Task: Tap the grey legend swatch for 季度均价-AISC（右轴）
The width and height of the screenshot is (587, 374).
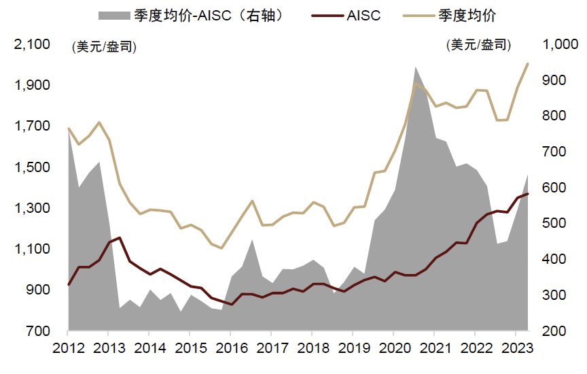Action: pos(115,15)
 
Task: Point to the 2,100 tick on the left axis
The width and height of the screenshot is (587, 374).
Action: pos(33,45)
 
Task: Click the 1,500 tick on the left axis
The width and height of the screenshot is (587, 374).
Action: pos(33,168)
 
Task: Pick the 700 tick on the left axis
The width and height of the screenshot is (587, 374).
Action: pos(37,331)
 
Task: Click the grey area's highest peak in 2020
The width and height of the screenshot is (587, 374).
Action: pos(415,67)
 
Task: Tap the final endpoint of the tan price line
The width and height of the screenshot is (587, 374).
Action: pos(528,64)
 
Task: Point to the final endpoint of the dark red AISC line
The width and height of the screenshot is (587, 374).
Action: pos(528,194)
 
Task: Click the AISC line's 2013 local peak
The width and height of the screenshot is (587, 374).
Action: pos(120,238)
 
